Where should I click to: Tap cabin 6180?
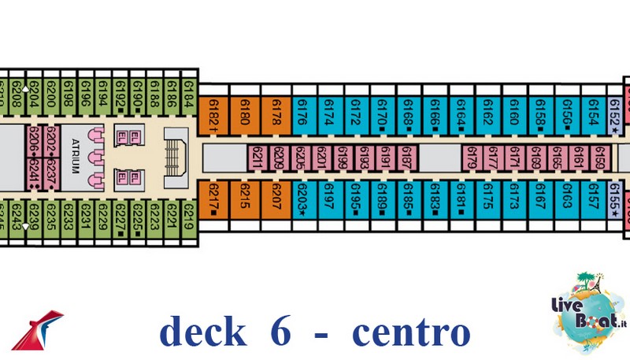point(244,116)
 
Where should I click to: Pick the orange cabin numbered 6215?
point(244,199)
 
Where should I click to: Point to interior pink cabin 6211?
point(257,158)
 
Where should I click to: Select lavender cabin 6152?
point(616,116)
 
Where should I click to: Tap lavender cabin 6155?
point(616,199)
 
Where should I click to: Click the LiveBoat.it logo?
point(585,307)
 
